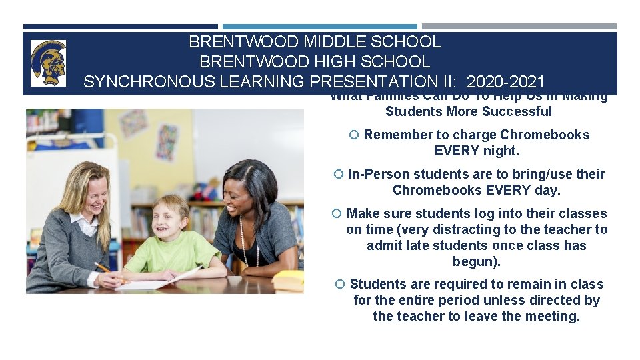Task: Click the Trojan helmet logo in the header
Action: coord(48,63)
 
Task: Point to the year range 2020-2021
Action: coord(506,82)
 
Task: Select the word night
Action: coord(501,151)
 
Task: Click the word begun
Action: coord(475,261)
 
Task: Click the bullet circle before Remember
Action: coord(354,135)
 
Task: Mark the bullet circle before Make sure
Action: coord(337,213)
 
